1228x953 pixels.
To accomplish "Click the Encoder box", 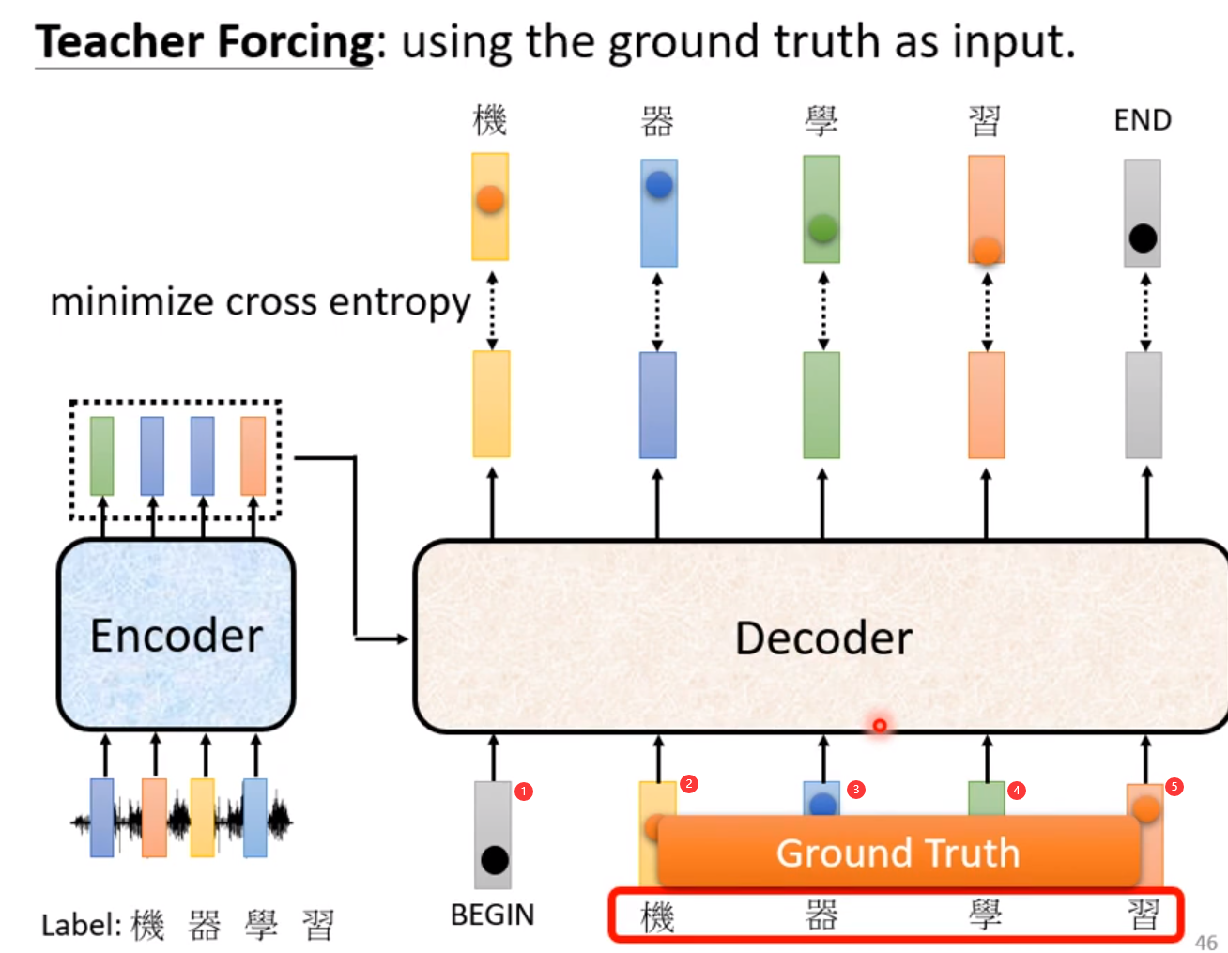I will pyautogui.click(x=177, y=635).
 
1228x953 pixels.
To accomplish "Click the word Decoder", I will pyautogui.click(x=823, y=638).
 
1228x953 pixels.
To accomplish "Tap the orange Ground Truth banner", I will pyautogui.click(x=898, y=853).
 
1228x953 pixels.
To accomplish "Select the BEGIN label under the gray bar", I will pyautogui.click(x=492, y=915).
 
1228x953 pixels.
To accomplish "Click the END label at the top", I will pyautogui.click(x=1143, y=120).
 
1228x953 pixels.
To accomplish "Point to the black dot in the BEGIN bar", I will pyautogui.click(x=494, y=859).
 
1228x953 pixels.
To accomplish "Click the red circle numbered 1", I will pyautogui.click(x=524, y=792).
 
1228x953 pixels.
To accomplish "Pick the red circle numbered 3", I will pyautogui.click(x=855, y=790).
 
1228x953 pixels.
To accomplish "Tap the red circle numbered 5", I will pyautogui.click(x=1174, y=787).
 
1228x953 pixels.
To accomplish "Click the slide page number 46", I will pyautogui.click(x=1205, y=942).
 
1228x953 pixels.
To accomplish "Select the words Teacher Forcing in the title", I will pyautogui.click(x=205, y=42).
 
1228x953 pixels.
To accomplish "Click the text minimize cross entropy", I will pyautogui.click(x=260, y=302).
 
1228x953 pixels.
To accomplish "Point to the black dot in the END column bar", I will pyautogui.click(x=1143, y=238).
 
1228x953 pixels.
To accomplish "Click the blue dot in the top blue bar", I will pyautogui.click(x=659, y=185).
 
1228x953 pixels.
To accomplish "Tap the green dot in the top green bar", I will pyautogui.click(x=822, y=228).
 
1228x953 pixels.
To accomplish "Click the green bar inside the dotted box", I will pyautogui.click(x=102, y=456).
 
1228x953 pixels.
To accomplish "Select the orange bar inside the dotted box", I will pyautogui.click(x=253, y=456).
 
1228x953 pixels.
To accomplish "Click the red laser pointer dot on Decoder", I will pyautogui.click(x=880, y=726).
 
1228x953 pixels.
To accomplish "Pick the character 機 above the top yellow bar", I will pyautogui.click(x=490, y=120).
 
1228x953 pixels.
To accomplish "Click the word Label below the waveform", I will pyautogui.click(x=79, y=926).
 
